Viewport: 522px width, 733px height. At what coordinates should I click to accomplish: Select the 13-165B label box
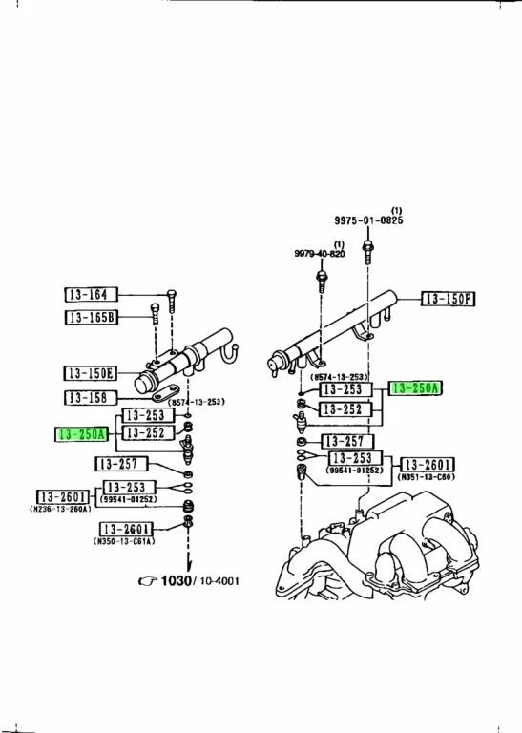tap(91, 318)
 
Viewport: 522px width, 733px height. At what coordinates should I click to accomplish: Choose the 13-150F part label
tap(448, 300)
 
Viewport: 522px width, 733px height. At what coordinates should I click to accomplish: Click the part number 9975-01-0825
tap(368, 220)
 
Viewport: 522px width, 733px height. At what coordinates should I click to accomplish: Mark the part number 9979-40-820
tap(321, 253)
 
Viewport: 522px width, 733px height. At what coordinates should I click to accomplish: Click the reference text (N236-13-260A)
tap(68, 510)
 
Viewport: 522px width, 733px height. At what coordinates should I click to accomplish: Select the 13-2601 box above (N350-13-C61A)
tap(128, 529)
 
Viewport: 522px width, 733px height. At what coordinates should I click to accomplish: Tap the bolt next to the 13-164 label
tap(171, 300)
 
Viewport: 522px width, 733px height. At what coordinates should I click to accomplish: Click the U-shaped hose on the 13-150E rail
tap(227, 357)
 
